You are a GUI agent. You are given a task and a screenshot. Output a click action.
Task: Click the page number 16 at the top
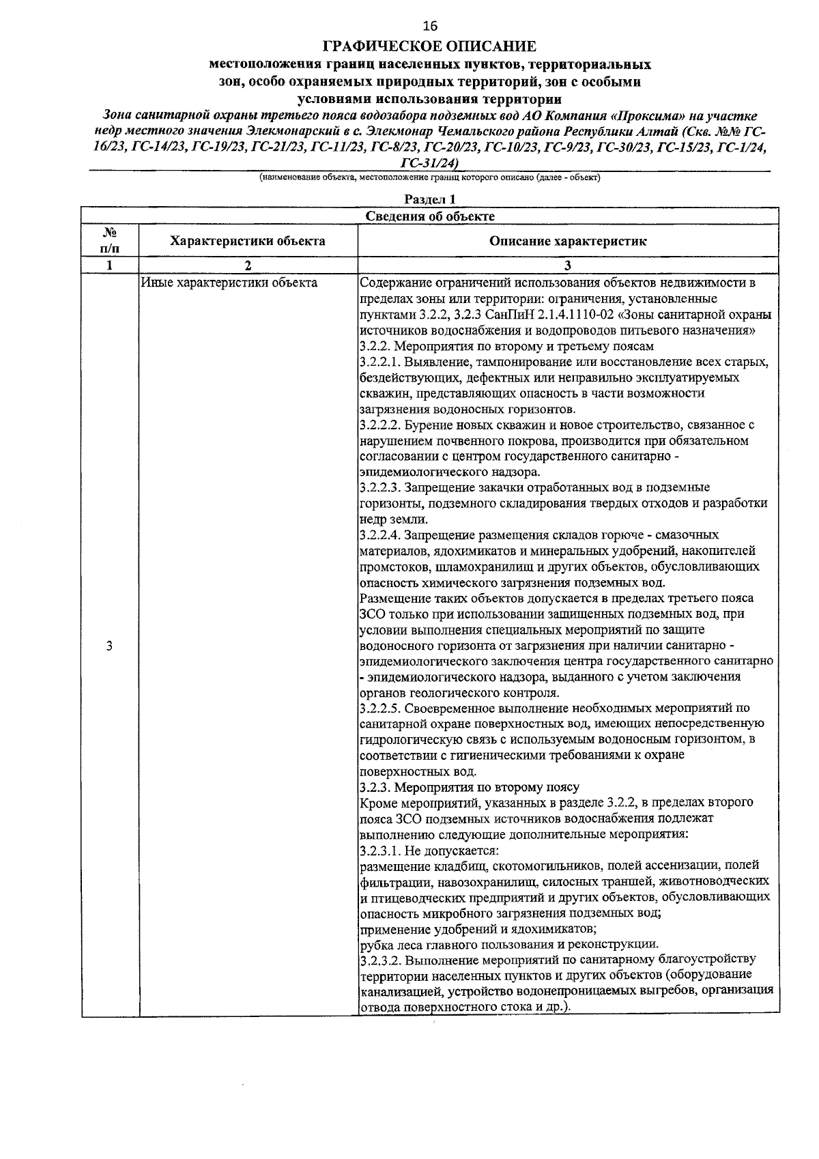pyautogui.click(x=429, y=27)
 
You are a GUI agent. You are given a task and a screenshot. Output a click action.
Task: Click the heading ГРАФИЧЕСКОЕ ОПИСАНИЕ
pyautogui.click(x=429, y=47)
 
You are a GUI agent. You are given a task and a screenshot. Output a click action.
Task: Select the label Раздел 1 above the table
pyautogui.click(x=429, y=199)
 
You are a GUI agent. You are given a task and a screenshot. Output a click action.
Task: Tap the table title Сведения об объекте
pyautogui.click(x=429, y=216)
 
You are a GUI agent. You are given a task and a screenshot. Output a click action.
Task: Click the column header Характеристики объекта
pyautogui.click(x=248, y=241)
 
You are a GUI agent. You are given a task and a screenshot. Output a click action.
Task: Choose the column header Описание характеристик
pyautogui.click(x=568, y=241)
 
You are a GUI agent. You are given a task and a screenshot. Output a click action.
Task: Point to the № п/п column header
pyautogui.click(x=109, y=241)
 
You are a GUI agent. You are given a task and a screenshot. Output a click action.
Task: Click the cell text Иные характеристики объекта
pyautogui.click(x=229, y=283)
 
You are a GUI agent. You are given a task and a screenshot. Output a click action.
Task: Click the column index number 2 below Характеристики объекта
pyautogui.click(x=248, y=266)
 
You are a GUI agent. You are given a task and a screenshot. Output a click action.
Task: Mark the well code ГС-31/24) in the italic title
pyautogui.click(x=429, y=162)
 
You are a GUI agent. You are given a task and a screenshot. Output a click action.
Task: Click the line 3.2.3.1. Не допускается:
pyautogui.click(x=429, y=850)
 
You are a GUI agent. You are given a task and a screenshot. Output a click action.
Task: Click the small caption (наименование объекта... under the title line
pyautogui.click(x=429, y=177)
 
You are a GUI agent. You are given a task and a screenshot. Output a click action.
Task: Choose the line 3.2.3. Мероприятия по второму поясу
pyautogui.click(x=469, y=787)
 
